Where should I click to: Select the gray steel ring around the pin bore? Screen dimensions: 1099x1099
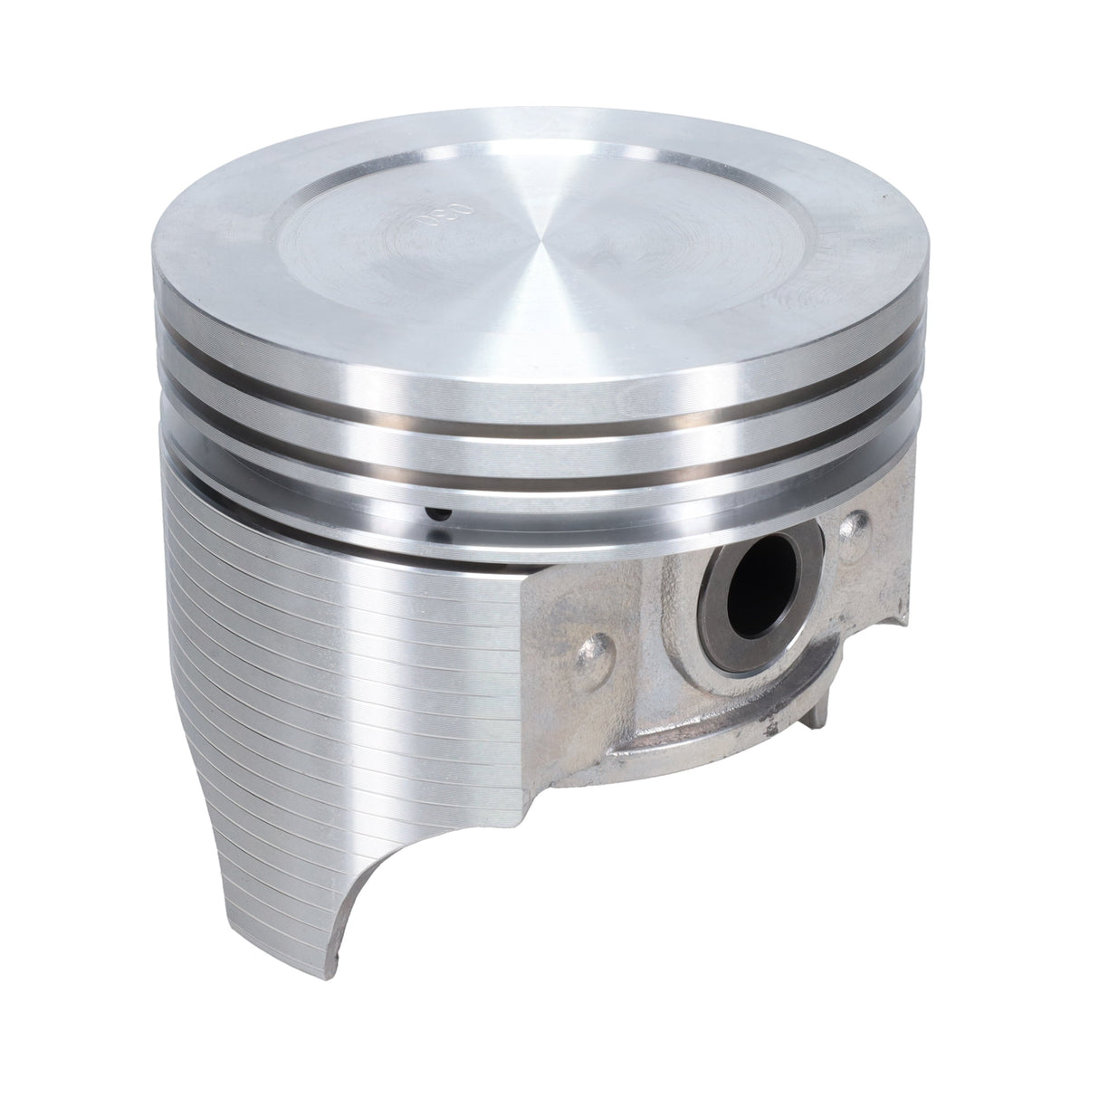pyautogui.click(x=715, y=625)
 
